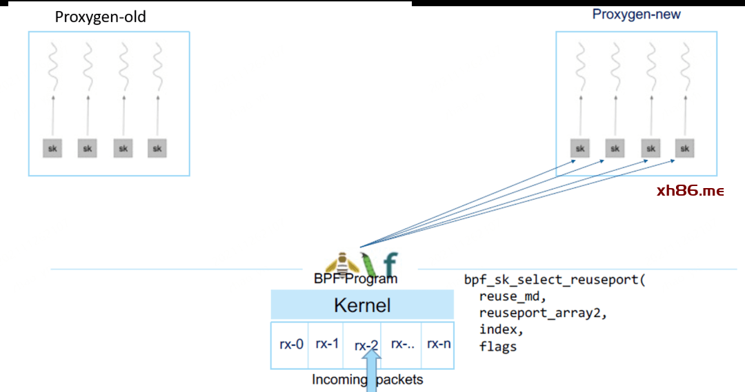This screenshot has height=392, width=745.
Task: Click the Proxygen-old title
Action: [101, 17]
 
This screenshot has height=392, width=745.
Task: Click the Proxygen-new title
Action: [636, 14]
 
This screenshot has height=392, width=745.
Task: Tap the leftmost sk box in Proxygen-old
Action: [52, 147]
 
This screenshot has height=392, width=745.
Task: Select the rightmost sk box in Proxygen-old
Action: [157, 147]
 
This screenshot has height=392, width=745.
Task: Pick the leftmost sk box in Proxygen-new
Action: [580, 147]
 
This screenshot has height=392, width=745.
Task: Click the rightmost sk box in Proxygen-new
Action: [684, 147]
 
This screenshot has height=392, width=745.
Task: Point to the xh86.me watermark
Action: [690, 191]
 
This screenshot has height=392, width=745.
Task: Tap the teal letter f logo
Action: [390, 265]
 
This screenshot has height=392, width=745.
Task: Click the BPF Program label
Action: [355, 279]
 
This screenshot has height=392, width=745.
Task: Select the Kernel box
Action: [362, 305]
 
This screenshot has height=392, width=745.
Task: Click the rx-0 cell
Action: [291, 343]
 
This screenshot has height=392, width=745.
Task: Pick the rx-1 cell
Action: [327, 343]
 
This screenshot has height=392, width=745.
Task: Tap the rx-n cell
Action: [439, 343]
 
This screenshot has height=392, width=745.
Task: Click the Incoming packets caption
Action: [367, 379]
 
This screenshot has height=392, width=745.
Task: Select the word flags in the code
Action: [497, 347]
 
